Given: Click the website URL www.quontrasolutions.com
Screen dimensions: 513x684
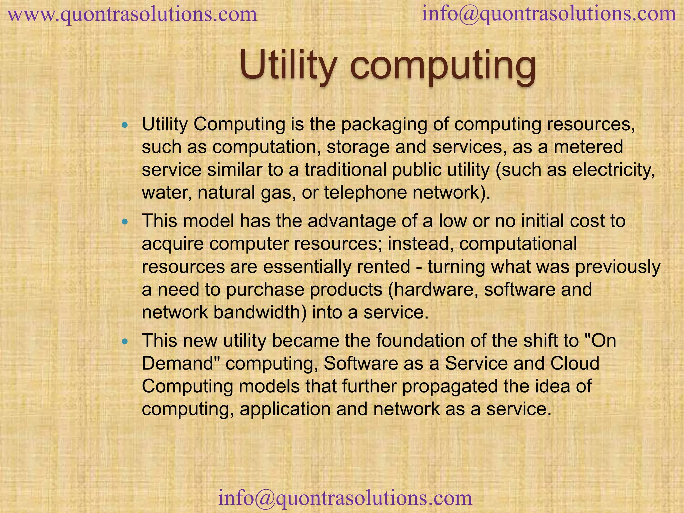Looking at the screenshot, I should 132,15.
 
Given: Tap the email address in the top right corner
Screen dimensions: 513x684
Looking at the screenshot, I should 549,14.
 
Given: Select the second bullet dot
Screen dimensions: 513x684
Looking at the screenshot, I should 125,221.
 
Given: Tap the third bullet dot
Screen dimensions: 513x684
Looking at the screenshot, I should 125,341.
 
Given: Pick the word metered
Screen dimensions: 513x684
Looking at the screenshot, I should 588,147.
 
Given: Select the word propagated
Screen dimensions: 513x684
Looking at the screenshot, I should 450,386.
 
